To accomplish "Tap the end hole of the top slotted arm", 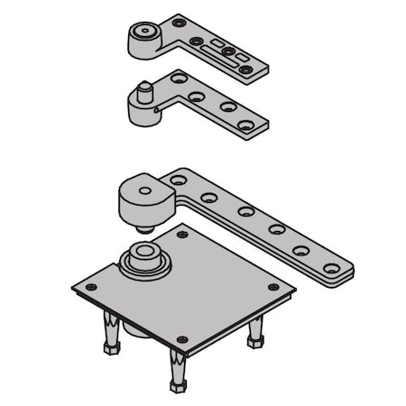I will pyautogui.click(x=245, y=69).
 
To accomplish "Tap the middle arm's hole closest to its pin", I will pyautogui.click(x=177, y=79).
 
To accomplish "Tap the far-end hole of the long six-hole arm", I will pyautogui.click(x=333, y=268).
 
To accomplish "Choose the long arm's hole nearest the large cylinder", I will pyautogui.click(x=179, y=180).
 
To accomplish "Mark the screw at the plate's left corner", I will pyautogui.click(x=88, y=287).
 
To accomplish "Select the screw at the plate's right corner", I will pyautogui.click(x=274, y=287).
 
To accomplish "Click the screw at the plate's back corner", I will pyautogui.click(x=183, y=235).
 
